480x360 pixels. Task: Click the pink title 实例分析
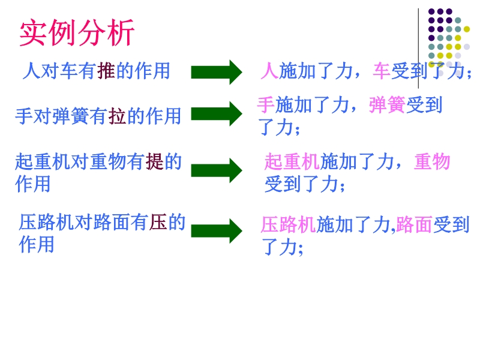[77, 34]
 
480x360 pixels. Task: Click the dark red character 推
[106, 71]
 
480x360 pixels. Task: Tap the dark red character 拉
[116, 116]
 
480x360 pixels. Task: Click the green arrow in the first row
[216, 72]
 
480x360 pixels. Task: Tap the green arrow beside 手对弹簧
[216, 113]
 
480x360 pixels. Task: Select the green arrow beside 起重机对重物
[216, 170]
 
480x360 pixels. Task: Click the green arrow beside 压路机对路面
[216, 230]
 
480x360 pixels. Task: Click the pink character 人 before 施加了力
[269, 72]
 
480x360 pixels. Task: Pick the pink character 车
[382, 72]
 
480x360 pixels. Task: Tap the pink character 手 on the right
[266, 105]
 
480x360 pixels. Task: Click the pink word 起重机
[292, 162]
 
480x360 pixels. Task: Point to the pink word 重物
[432, 162]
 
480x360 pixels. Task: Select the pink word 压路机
[288, 224]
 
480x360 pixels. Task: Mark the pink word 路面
[414, 224]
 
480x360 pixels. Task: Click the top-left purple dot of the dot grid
[431, 11]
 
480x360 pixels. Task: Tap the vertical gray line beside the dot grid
[419, 48]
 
